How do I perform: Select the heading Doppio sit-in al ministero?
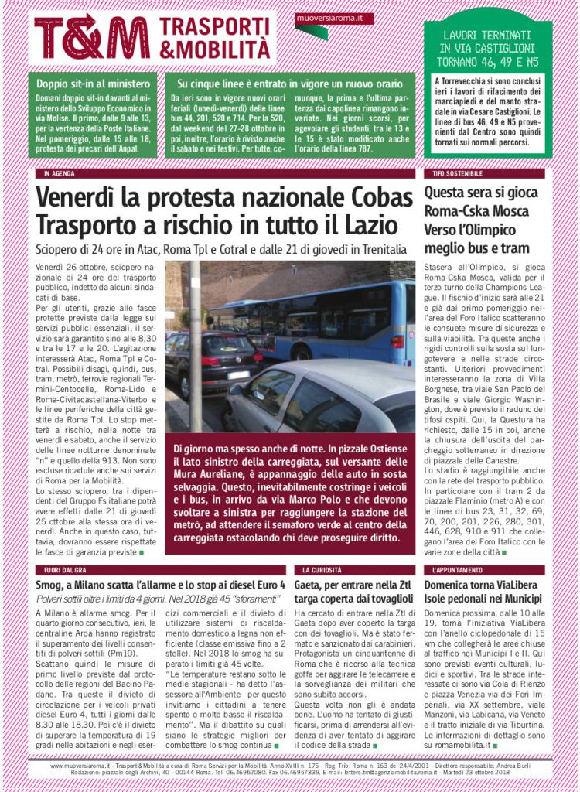[x=91, y=83]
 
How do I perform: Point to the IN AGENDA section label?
[x=60, y=173]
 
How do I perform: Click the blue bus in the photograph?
[x=325, y=317]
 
